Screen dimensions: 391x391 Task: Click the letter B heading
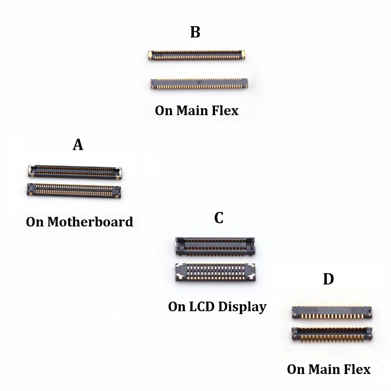click(x=195, y=32)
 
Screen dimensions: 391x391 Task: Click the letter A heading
click(x=78, y=144)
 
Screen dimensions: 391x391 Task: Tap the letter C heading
click(x=219, y=218)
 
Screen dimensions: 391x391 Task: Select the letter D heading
click(x=328, y=279)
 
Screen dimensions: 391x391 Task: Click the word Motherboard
click(x=90, y=222)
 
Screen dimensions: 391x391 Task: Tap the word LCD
click(x=202, y=306)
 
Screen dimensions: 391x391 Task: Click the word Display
click(x=242, y=307)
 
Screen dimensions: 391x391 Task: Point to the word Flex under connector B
click(x=225, y=110)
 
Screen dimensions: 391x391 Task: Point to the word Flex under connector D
click(x=357, y=369)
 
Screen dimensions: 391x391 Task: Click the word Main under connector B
click(x=192, y=110)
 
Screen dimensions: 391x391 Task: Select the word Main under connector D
click(x=324, y=369)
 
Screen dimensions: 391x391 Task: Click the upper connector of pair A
click(x=75, y=172)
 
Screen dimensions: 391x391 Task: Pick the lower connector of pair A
click(x=74, y=191)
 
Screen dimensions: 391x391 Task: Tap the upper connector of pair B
click(x=196, y=55)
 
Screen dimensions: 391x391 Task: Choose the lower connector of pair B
click(x=199, y=83)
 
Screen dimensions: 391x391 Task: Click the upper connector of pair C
click(x=215, y=246)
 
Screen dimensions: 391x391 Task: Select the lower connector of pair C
click(x=215, y=272)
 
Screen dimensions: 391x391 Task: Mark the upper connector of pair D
click(x=332, y=311)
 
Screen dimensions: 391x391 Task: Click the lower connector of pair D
click(x=332, y=334)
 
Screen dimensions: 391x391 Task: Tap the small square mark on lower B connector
click(x=199, y=83)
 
